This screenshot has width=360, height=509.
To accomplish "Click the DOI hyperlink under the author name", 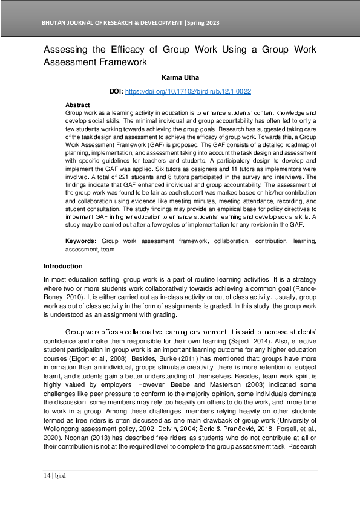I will click(x=188, y=91).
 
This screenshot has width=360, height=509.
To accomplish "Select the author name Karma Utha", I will click(x=180, y=77).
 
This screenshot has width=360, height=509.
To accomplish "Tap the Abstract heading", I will click(x=77, y=105).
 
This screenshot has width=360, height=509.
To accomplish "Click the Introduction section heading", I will click(x=63, y=267).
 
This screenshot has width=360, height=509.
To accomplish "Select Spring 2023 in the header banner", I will click(x=204, y=23).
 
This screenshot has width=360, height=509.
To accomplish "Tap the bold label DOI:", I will click(x=116, y=91).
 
